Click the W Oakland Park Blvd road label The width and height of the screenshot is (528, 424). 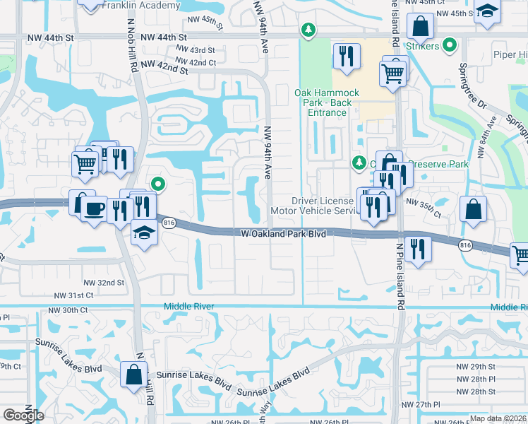283,233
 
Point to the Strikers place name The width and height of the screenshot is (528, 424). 423,47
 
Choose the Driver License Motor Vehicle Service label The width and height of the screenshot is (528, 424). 316,206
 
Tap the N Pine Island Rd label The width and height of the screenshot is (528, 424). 400,283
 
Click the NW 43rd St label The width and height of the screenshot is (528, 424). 195,51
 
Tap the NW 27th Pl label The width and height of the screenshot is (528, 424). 426,404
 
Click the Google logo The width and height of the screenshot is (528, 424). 23,416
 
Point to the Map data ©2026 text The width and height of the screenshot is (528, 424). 498,418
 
